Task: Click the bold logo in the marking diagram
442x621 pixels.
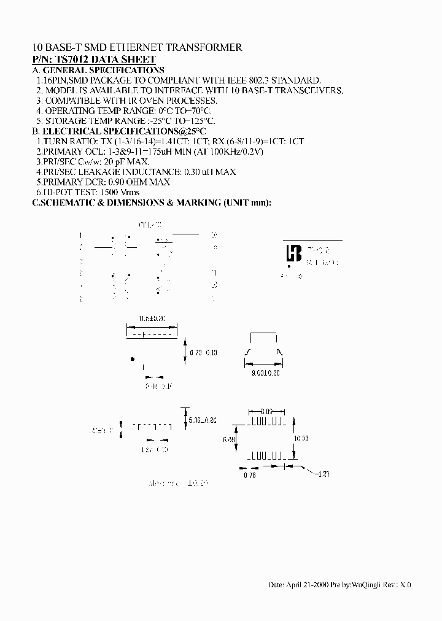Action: (x=293, y=254)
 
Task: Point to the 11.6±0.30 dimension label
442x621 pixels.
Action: (x=152, y=319)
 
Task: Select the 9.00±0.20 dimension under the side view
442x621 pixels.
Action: (x=266, y=372)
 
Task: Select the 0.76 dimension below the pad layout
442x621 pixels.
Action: (x=249, y=475)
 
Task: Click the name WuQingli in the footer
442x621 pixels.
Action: (x=366, y=585)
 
